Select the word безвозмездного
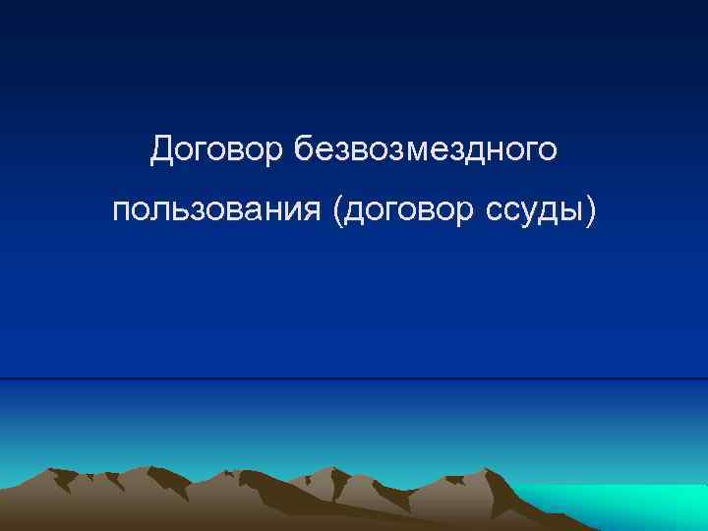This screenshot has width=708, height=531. [427, 149]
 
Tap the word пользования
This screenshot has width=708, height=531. [219, 210]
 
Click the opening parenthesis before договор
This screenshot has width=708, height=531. [339, 210]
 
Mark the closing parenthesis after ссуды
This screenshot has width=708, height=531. [590, 210]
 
